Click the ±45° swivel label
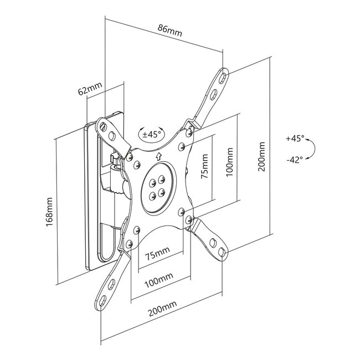(151, 134)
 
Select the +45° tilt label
(295, 138)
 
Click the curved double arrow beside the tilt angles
(312, 149)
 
